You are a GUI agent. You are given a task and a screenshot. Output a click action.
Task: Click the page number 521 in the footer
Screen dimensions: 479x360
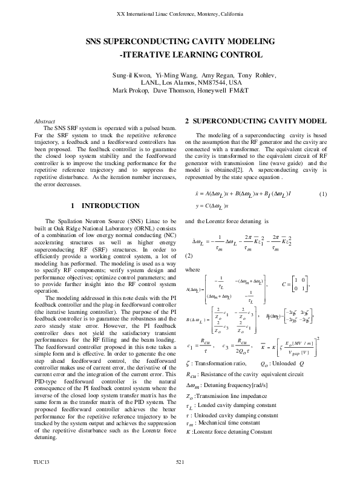click(x=180, y=462)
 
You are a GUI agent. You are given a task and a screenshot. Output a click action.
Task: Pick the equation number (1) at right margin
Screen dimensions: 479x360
click(x=322, y=194)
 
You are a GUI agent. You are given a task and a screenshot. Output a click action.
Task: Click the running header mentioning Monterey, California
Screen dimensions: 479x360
click(x=180, y=13)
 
